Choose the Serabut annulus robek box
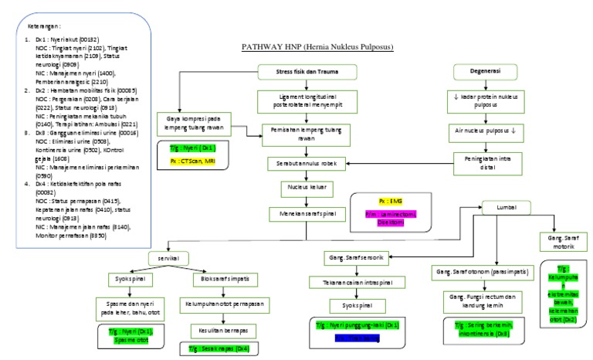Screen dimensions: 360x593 coord(306,165)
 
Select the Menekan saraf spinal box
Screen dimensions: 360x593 coord(306,212)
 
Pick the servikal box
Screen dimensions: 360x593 coord(169,259)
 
